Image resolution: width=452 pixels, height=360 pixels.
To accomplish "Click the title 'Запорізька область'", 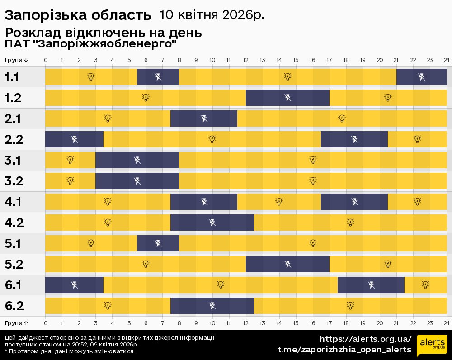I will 78,15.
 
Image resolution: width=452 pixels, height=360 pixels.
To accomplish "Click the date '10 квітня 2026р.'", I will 212,15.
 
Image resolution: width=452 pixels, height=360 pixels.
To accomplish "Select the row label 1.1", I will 12,77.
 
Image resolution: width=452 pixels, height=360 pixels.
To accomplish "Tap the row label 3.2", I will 14,181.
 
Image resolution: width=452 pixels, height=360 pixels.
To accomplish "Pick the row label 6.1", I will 14,285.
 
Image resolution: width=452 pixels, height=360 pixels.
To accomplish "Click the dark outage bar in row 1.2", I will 287,98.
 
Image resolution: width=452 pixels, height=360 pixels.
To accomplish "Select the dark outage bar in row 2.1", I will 204,118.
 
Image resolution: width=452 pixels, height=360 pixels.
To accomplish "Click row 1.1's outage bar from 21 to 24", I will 421,77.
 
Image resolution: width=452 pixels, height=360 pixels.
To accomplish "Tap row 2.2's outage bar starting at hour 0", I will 75,139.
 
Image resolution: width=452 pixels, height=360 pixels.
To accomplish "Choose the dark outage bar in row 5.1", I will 158,243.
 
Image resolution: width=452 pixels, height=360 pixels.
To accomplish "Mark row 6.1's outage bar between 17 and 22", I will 371,285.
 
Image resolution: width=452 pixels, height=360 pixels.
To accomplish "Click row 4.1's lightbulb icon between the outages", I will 279,202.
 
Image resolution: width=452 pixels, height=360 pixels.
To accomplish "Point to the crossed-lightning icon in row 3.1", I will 137,160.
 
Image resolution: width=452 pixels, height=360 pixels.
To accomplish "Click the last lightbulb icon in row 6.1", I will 425,284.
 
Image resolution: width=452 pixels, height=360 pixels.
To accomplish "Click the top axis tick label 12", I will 246,60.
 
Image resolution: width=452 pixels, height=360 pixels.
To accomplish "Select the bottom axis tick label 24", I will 446,323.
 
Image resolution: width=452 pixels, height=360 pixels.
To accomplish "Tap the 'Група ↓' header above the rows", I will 16,60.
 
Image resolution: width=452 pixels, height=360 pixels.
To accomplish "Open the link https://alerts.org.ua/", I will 365,339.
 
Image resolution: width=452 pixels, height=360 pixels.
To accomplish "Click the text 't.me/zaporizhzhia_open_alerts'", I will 344,350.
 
